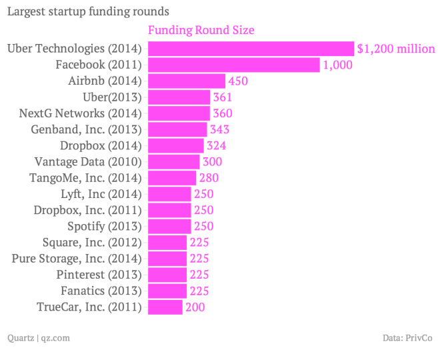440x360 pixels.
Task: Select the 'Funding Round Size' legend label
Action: (201, 31)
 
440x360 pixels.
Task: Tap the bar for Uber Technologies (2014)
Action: (250, 49)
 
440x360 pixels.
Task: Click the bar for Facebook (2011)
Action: (233, 65)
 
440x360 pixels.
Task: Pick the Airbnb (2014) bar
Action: (186, 81)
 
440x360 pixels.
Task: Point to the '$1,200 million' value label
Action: (396, 49)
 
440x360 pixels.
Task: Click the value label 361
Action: (222, 97)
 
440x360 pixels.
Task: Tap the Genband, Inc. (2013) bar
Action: (177, 129)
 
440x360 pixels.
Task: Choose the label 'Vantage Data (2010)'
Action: (88, 161)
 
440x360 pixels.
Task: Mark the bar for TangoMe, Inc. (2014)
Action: (171, 178)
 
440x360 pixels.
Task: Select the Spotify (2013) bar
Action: (169, 226)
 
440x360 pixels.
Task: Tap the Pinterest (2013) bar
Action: (167, 275)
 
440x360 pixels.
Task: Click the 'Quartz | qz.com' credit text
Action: (38, 338)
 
